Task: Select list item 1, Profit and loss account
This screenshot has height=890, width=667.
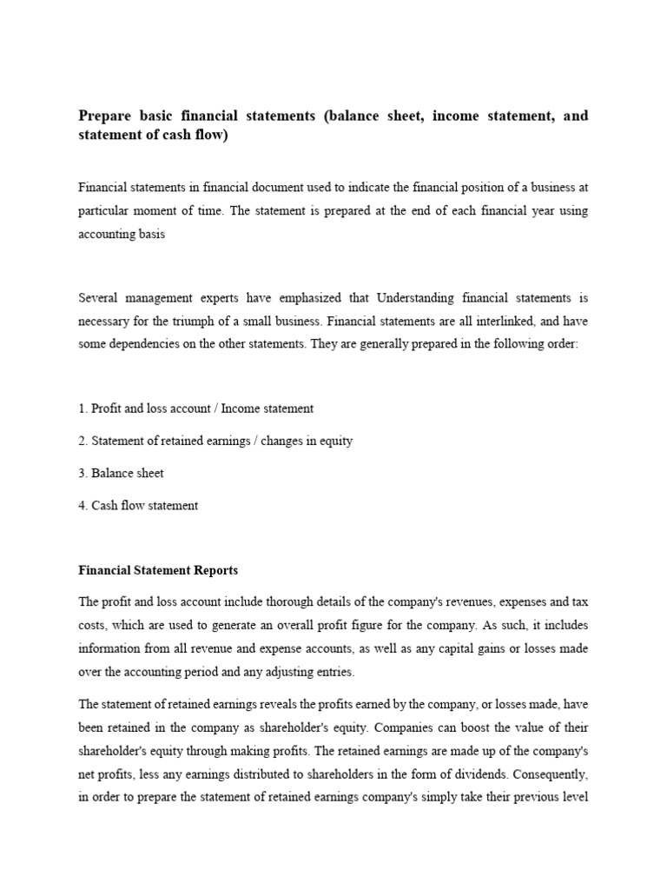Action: coord(195,408)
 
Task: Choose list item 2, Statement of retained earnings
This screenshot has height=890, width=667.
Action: coord(215,441)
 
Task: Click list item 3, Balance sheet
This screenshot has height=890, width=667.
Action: coord(121,473)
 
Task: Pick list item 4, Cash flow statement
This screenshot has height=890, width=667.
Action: coord(138,505)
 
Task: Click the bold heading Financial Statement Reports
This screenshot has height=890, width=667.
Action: coord(158,571)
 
